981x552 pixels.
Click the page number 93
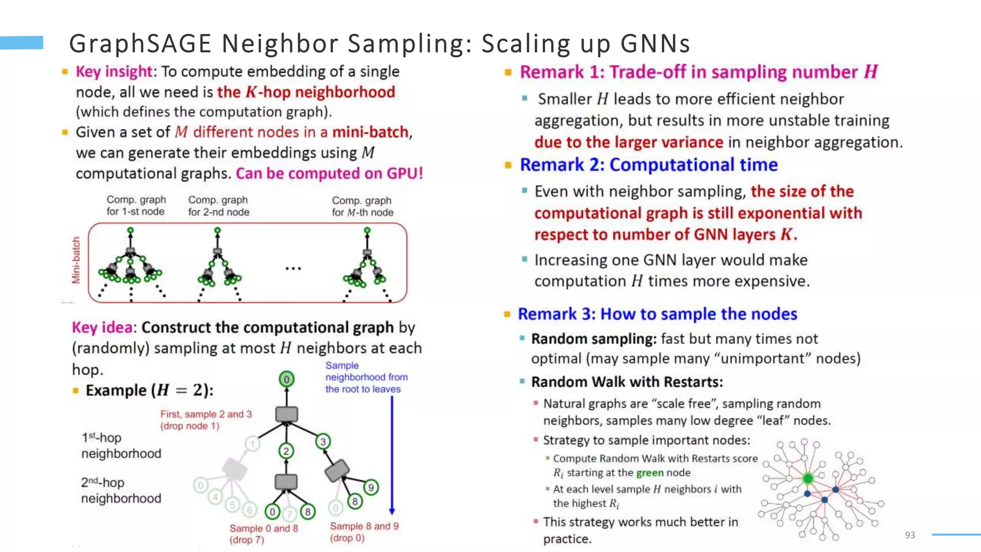910,535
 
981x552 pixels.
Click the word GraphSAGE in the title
140,43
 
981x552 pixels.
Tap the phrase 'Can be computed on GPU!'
330,173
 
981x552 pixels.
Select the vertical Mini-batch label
76,260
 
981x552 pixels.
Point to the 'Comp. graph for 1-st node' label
136,206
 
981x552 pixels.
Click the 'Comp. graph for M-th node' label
362,207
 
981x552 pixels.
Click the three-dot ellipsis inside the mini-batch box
293,268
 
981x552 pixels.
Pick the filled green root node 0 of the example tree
286,379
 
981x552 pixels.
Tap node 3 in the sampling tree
323,441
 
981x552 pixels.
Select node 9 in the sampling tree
371,488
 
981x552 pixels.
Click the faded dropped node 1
252,444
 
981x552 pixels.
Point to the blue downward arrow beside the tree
392,455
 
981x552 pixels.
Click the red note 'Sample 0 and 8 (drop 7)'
263,534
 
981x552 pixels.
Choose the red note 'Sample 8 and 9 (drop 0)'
364,532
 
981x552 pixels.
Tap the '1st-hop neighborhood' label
121,446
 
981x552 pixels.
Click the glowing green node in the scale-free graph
808,478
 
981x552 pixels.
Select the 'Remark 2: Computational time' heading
649,165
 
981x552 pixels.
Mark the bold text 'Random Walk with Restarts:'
627,382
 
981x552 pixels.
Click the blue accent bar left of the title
22,43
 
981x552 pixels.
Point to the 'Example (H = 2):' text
149,391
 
